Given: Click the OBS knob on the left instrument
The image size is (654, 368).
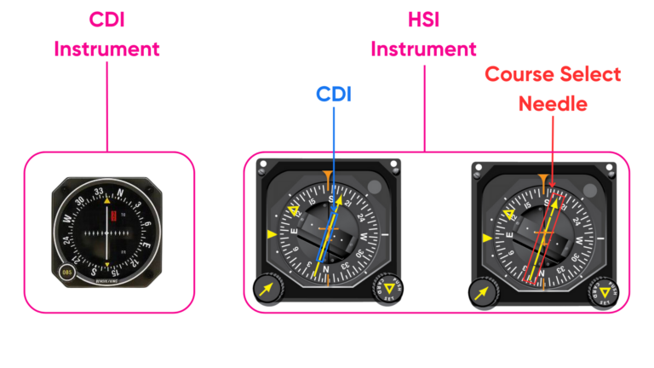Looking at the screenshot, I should (66, 274).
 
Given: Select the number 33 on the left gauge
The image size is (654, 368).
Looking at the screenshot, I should (100, 191).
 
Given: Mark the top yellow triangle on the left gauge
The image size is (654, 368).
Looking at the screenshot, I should (107, 203).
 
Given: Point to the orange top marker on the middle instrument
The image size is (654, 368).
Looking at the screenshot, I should (327, 180).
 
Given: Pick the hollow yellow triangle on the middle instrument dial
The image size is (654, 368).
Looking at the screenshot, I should (295, 210).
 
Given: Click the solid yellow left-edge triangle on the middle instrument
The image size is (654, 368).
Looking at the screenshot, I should (272, 234).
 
